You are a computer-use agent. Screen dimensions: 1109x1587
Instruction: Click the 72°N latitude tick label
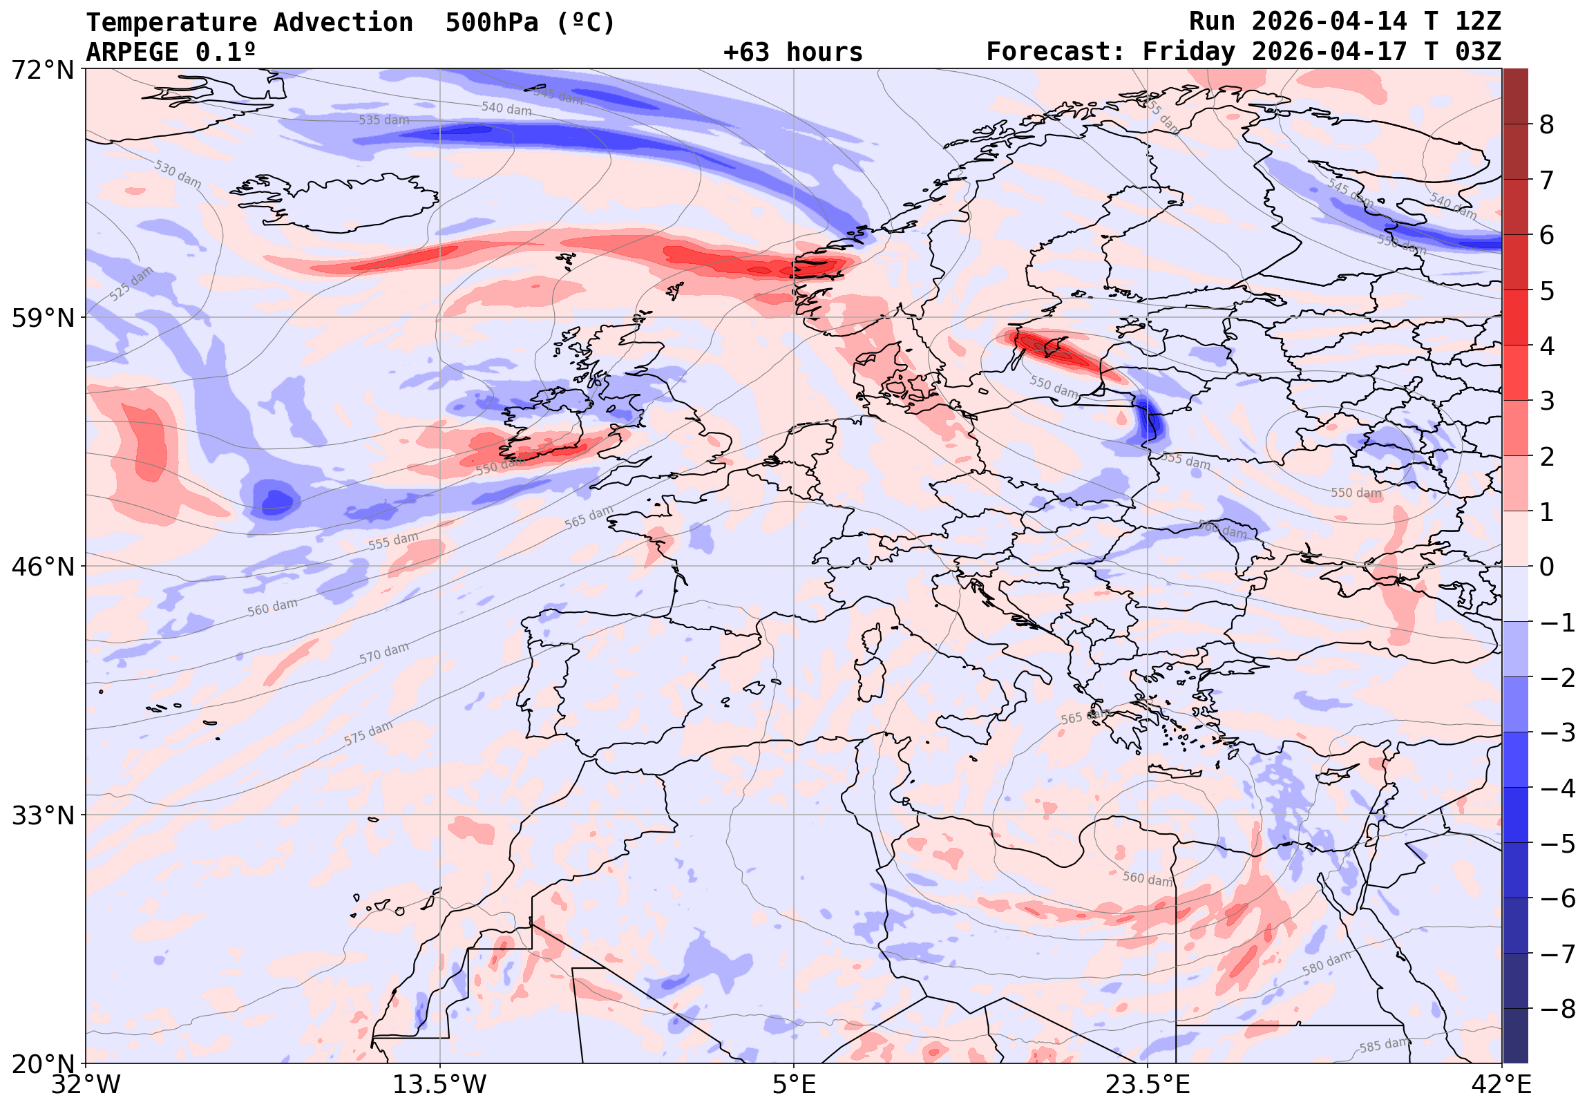(43, 70)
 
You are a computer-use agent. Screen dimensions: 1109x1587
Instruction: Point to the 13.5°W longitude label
(439, 1084)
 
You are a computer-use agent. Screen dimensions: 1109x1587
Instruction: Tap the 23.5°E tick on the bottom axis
(1148, 1084)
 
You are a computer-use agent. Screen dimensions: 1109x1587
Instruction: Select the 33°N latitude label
(43, 815)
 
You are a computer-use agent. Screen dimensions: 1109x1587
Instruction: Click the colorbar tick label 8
(1546, 125)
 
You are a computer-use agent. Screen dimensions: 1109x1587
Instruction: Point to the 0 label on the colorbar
(1546, 567)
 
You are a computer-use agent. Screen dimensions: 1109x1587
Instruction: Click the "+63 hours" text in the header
(792, 53)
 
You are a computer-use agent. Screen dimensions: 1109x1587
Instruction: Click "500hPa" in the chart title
(491, 23)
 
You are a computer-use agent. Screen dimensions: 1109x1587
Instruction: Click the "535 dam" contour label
(383, 120)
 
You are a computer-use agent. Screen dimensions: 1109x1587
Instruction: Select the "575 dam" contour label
(368, 733)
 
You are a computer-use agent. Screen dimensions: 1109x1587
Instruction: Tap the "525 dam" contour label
(131, 283)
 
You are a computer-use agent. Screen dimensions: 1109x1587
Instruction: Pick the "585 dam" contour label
(1385, 1045)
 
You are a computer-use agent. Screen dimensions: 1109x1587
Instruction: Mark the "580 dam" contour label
(1327, 963)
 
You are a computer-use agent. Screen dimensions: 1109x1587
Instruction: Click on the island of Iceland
(352, 200)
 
